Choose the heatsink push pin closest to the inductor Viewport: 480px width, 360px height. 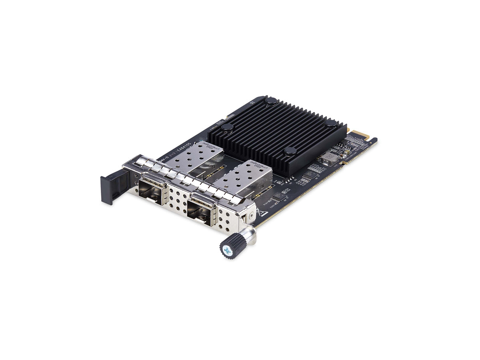(290, 151)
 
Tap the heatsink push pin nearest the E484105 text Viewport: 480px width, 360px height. (227, 128)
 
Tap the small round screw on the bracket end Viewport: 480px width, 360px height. (250, 216)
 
